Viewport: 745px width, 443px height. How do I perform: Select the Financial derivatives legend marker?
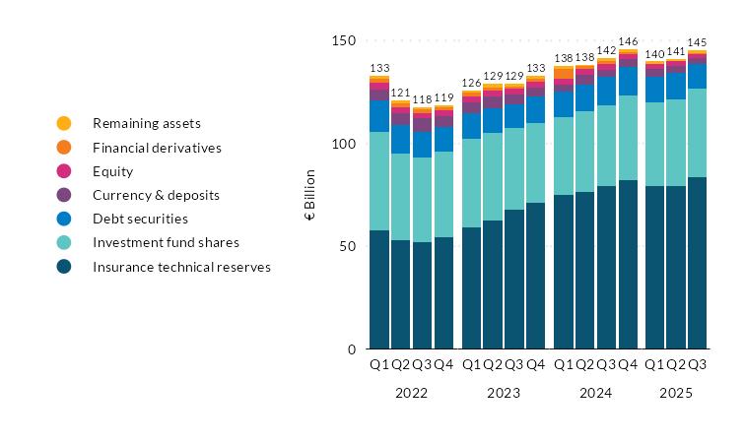pos(64,148)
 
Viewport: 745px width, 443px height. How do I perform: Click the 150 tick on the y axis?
pos(344,41)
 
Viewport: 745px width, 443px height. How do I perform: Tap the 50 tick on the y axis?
pos(347,246)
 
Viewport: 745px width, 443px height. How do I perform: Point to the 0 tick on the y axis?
pos(351,349)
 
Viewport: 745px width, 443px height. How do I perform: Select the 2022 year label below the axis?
pos(411,392)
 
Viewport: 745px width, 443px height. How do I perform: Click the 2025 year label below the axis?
pos(675,392)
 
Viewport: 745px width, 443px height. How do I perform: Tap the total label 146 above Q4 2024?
pos(628,42)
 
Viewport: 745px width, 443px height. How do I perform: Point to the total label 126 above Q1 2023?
pos(471,83)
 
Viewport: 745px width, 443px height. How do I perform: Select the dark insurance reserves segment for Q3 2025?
pos(697,263)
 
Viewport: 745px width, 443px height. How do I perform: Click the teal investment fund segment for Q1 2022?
pos(379,181)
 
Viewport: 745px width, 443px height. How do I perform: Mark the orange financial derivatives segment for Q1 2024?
pos(564,73)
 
